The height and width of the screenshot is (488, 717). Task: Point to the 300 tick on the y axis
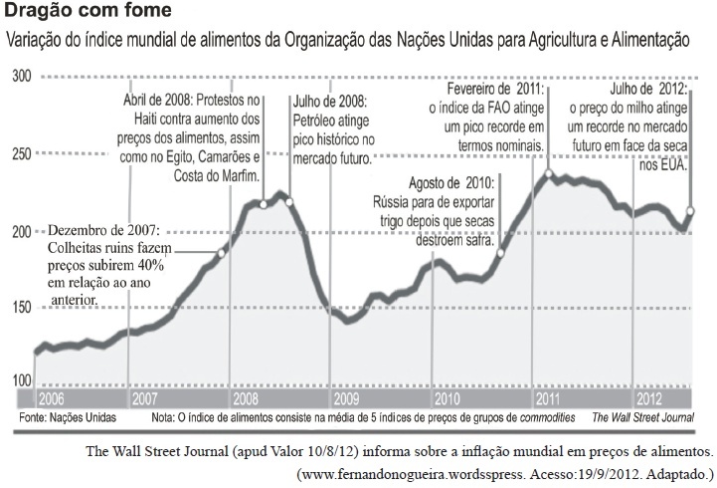pos(21,75)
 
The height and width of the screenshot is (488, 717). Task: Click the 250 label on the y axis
pos(21,152)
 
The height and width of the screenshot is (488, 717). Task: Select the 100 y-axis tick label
pos(21,380)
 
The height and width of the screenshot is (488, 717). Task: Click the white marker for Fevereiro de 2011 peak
pos(549,175)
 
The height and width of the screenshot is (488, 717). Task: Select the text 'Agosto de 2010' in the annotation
pos(451,183)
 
